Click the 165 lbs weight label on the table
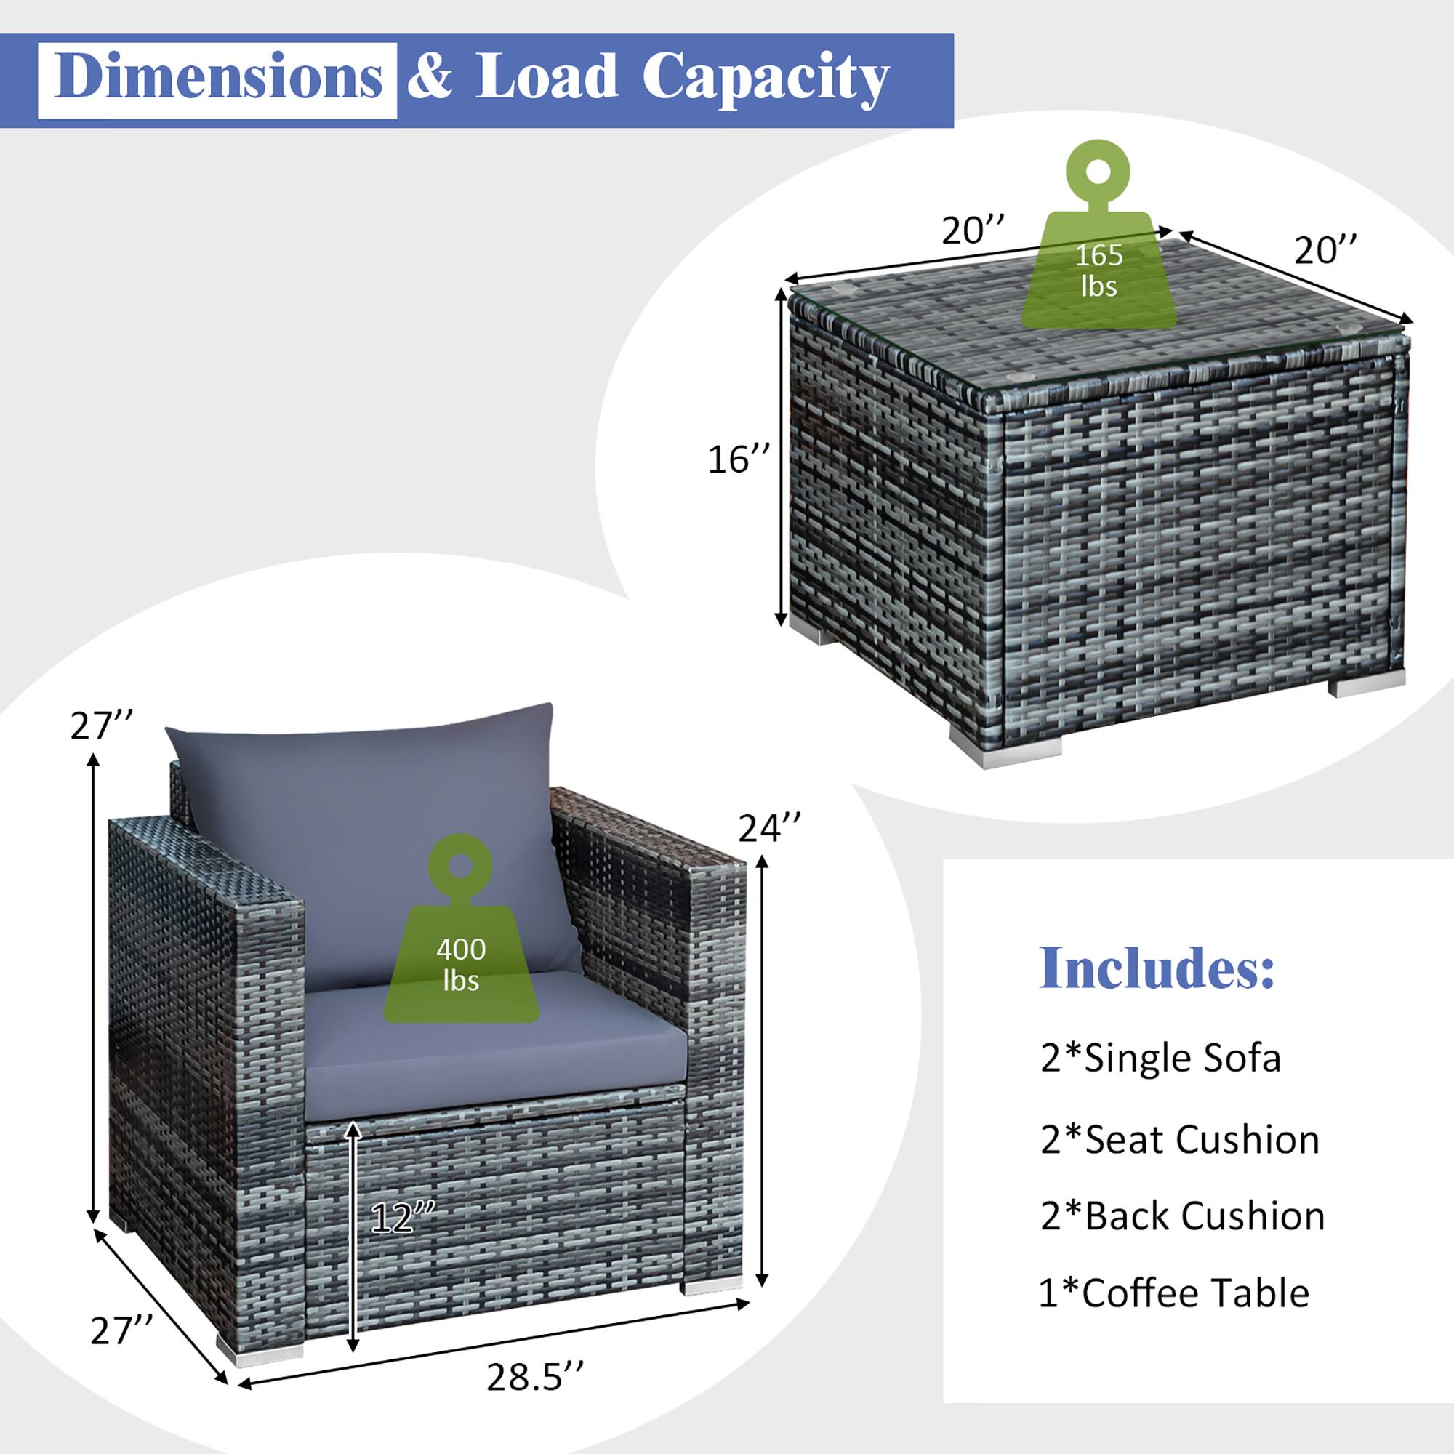pyautogui.click(x=1098, y=270)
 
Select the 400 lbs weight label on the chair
pyautogui.click(x=461, y=964)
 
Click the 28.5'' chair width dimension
pyautogui.click(x=534, y=1376)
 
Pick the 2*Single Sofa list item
pyautogui.click(x=1160, y=1058)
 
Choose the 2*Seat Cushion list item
pyautogui.click(x=1179, y=1139)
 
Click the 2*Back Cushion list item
pyautogui.click(x=1182, y=1216)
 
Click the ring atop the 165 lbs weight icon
pyautogui.click(x=1098, y=172)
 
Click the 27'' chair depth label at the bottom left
pyautogui.click(x=121, y=1330)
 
